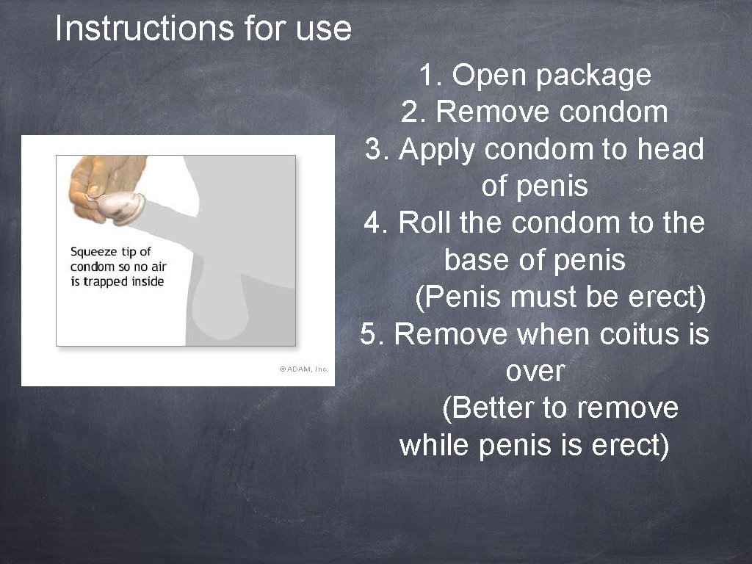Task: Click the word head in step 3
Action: (670, 149)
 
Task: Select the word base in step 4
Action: (471, 260)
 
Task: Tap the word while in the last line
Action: (435, 446)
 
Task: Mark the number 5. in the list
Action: (373, 335)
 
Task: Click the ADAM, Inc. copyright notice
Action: (303, 369)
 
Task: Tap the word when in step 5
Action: (555, 335)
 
